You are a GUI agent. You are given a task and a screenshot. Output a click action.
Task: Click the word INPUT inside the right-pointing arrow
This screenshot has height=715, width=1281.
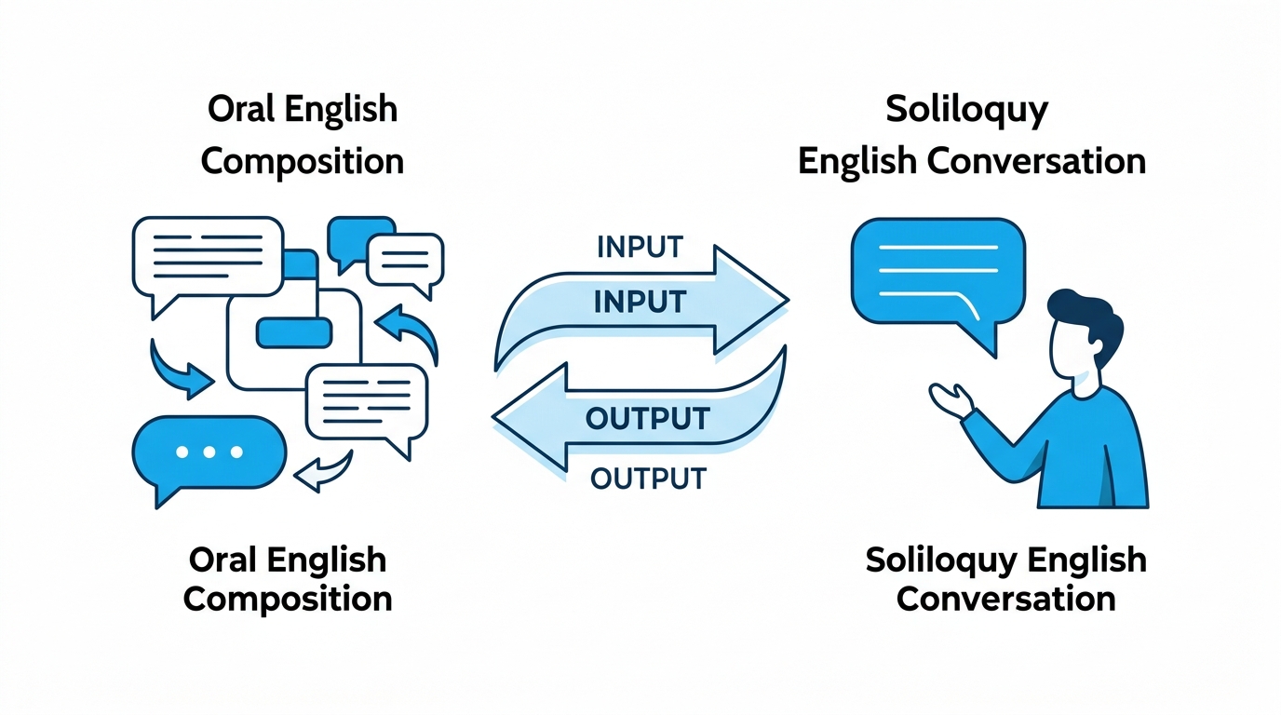(x=640, y=302)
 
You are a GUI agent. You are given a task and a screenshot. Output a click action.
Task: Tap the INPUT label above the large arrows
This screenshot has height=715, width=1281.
(x=640, y=247)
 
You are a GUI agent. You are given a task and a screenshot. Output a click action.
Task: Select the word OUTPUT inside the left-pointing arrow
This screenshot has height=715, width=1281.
(x=648, y=419)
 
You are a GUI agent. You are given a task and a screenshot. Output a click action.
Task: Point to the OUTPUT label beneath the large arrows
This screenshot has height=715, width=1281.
(x=649, y=479)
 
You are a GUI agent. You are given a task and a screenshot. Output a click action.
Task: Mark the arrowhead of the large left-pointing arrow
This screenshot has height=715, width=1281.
(x=530, y=416)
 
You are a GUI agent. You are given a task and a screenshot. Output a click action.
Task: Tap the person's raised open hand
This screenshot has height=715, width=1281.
(x=951, y=399)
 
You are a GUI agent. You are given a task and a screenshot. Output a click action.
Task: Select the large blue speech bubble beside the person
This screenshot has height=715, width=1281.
(x=937, y=275)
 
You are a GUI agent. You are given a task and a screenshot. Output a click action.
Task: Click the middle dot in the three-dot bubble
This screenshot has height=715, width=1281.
(x=209, y=452)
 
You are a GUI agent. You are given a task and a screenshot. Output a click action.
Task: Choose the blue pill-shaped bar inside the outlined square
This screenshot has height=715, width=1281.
(x=294, y=332)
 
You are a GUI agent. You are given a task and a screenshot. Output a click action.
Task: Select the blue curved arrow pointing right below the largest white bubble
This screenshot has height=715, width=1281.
(x=177, y=371)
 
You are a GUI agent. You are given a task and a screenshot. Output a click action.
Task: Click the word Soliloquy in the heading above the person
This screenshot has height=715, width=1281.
(x=966, y=110)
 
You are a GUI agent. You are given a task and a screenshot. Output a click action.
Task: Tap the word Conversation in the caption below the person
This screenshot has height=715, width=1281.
(x=1006, y=599)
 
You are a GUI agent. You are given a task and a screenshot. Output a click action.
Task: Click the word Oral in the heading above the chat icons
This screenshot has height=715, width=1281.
(x=238, y=109)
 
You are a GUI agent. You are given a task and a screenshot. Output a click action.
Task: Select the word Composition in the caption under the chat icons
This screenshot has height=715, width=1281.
(x=288, y=600)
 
